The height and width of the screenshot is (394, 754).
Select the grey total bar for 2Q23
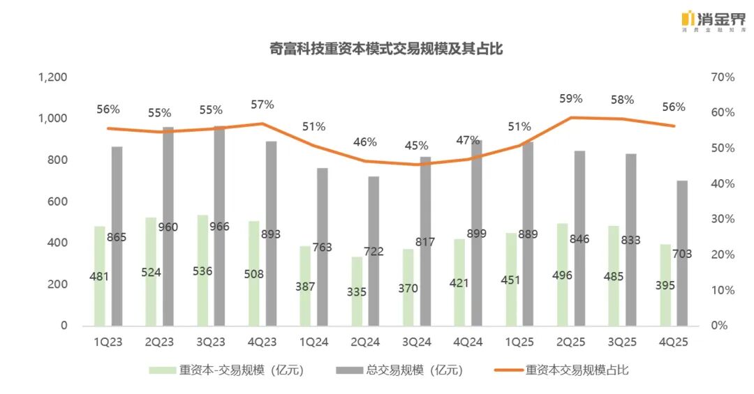168,227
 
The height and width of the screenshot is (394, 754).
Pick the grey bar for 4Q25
682,253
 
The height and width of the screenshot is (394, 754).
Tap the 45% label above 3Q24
417,146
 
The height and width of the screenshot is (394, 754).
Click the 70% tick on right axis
722,77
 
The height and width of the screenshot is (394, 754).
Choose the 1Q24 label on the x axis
313,342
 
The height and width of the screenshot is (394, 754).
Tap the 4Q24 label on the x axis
467,342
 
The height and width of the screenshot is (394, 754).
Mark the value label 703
681,254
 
